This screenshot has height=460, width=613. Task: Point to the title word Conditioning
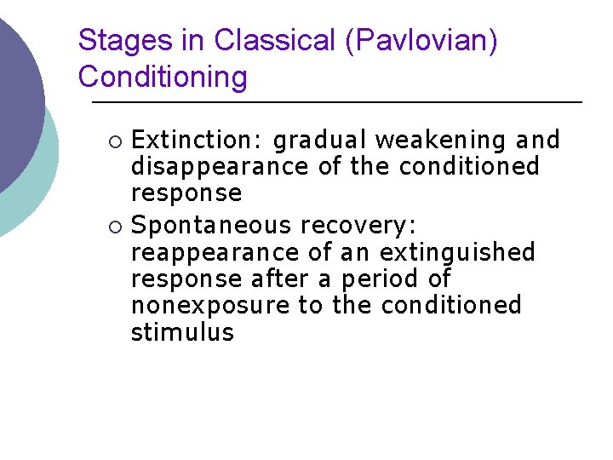pos(163,77)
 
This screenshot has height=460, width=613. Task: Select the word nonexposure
pos(210,305)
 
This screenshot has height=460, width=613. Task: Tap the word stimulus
pos(182,331)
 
